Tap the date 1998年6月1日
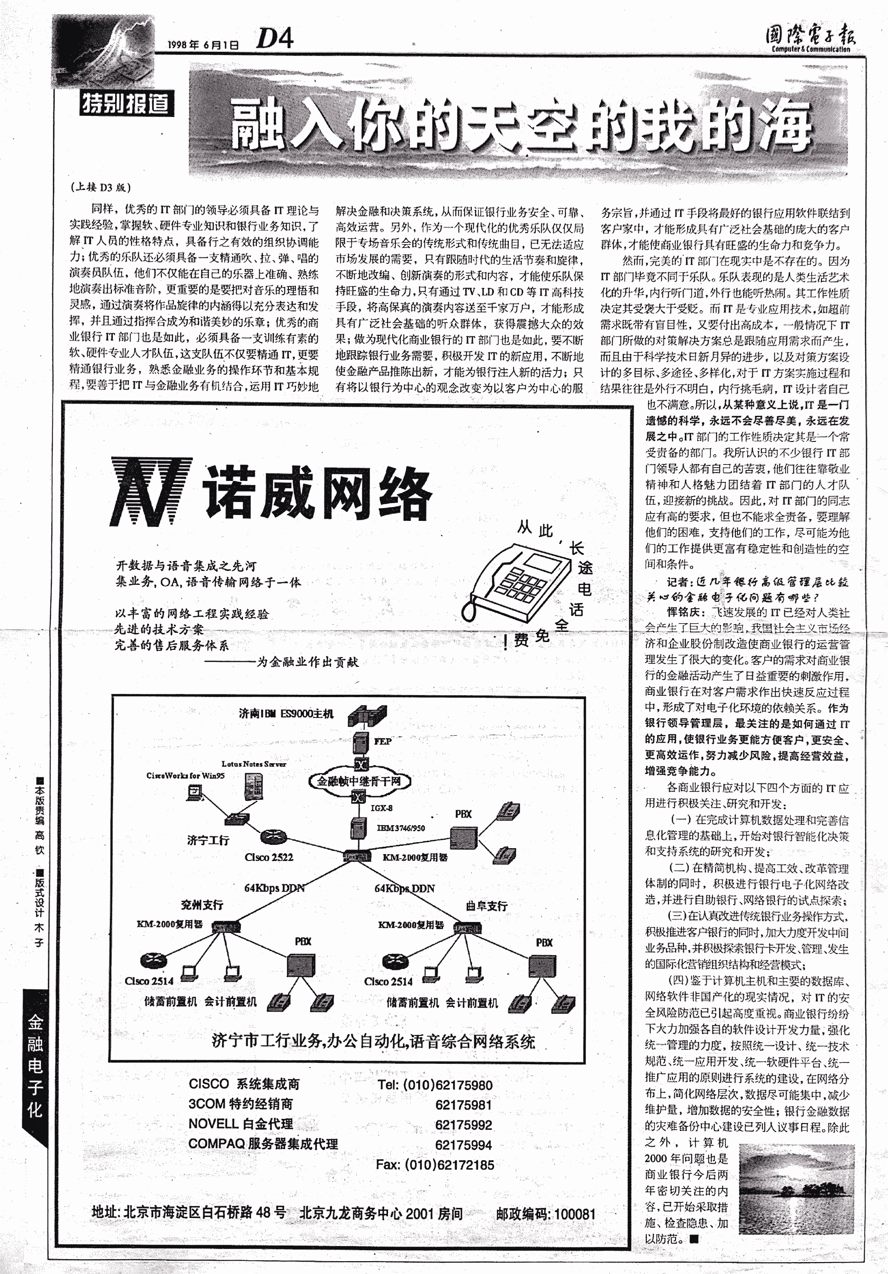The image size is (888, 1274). click(204, 45)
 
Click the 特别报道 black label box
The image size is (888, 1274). click(127, 103)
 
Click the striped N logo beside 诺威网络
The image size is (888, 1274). click(151, 492)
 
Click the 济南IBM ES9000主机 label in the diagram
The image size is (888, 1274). click(286, 714)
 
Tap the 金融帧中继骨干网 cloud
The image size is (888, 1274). click(360, 781)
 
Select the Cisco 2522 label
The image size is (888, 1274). click(269, 857)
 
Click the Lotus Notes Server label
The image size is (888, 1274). click(254, 764)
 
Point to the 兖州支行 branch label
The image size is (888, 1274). click(202, 905)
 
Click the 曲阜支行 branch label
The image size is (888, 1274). click(487, 906)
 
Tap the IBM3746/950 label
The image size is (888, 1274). click(401, 828)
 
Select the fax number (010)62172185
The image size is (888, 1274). click(435, 1165)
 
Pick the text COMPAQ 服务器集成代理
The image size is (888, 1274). click(263, 1144)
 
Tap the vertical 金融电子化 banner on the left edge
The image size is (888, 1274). click(35, 1065)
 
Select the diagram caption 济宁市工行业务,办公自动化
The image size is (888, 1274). click(373, 1041)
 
